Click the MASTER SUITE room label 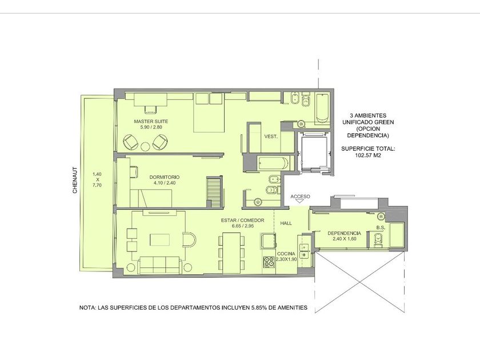(x=151, y=122)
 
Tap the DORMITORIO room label (x=165, y=177)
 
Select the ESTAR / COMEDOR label (x=243, y=221)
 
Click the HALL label (x=286, y=223)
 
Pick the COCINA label (x=286, y=254)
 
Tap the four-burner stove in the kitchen (x=269, y=262)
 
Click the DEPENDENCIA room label (x=345, y=233)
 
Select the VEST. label (x=271, y=137)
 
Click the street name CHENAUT (x=75, y=180)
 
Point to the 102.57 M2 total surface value (x=368, y=155)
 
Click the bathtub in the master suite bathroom (x=322, y=108)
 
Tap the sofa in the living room (x=160, y=265)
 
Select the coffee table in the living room (x=159, y=239)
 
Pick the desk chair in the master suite (x=150, y=109)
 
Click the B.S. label (x=381, y=228)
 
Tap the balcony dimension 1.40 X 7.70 (x=97, y=179)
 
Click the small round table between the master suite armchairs (x=145, y=147)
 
